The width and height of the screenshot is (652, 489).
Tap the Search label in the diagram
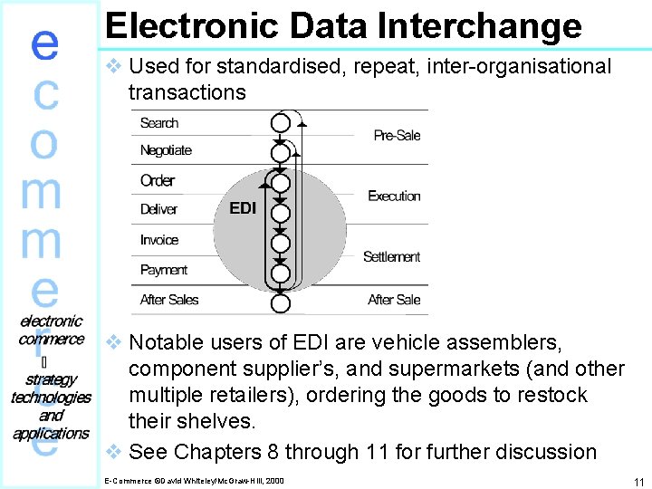coord(159,123)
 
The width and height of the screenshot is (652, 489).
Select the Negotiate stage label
coord(166,150)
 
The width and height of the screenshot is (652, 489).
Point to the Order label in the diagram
coord(158,180)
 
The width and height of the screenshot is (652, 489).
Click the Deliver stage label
coord(158,209)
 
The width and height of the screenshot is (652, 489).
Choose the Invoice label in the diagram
coord(159,240)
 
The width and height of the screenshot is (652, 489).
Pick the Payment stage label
coord(164,270)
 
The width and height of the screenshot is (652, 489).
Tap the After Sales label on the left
coord(169,300)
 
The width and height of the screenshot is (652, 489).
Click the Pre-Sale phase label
coord(397,136)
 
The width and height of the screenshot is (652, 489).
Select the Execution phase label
coord(394,197)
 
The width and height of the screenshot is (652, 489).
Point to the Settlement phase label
coord(391,257)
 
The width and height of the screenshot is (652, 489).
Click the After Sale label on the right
coord(394,300)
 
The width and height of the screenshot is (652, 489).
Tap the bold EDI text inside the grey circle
coord(243,208)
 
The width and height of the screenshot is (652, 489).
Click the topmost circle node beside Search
coord(281,122)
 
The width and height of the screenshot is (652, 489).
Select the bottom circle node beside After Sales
coord(281,302)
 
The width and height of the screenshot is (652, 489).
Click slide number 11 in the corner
coord(638,483)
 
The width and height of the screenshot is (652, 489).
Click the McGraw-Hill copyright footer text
coord(194,480)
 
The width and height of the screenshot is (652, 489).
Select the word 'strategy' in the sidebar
coord(52,379)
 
